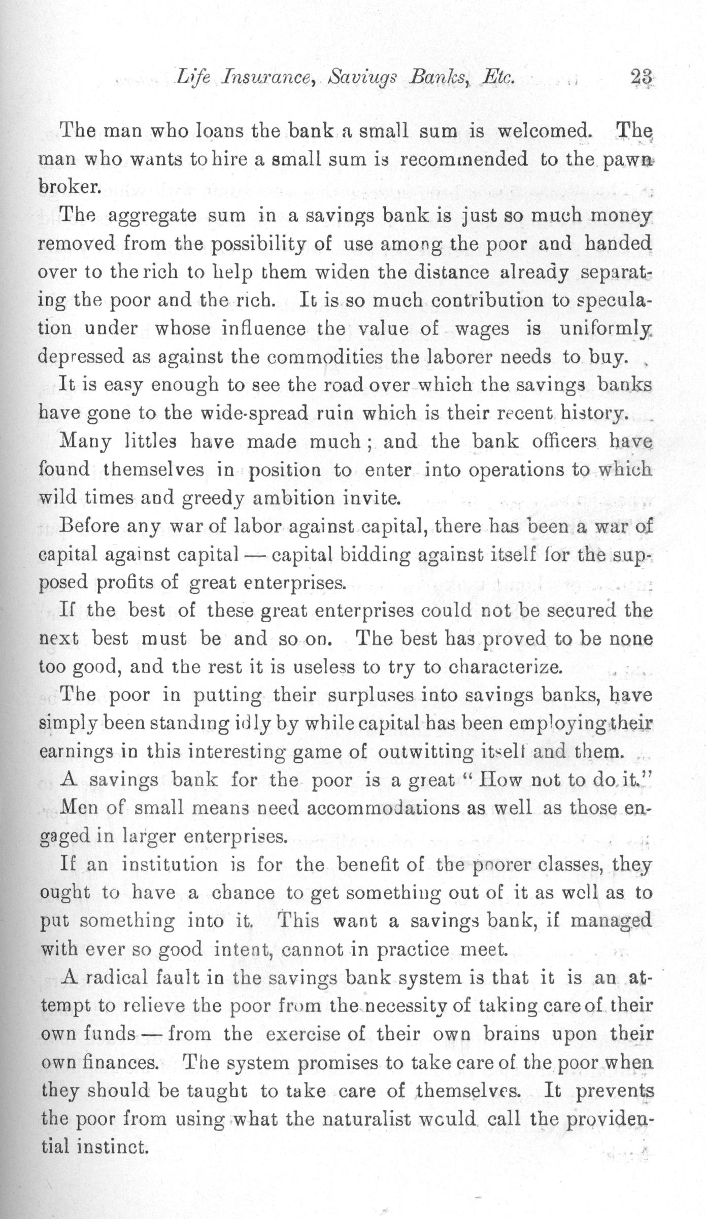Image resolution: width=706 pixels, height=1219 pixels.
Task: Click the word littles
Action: (x=151, y=442)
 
